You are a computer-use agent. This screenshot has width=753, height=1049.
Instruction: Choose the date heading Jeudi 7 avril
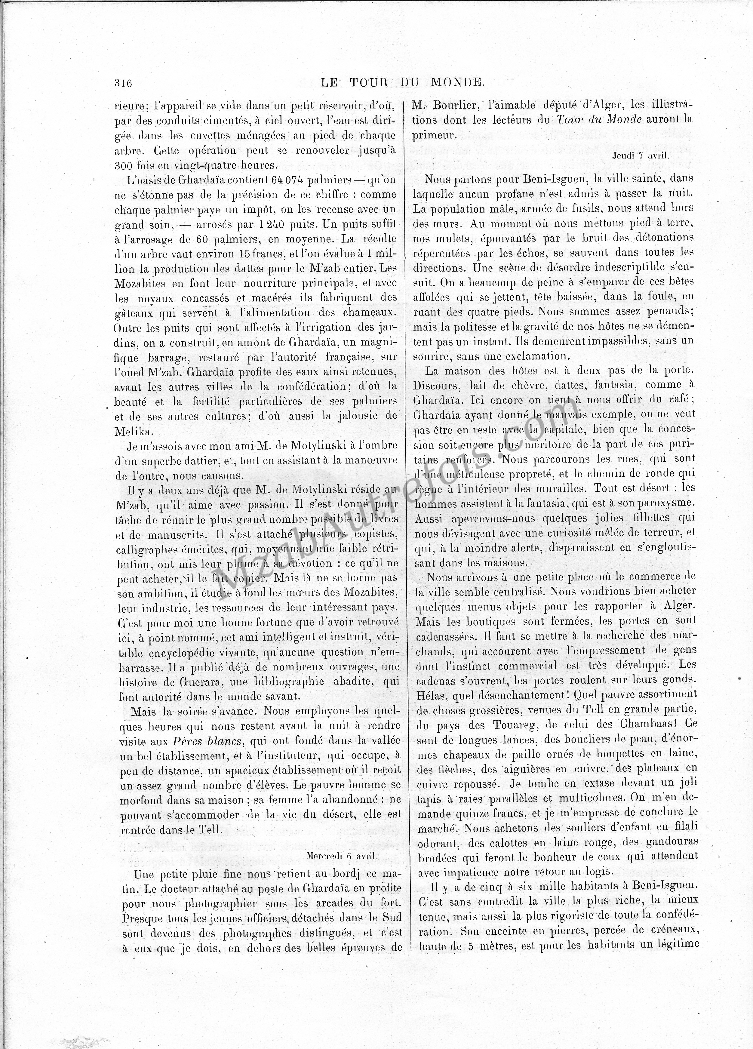point(641,156)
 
